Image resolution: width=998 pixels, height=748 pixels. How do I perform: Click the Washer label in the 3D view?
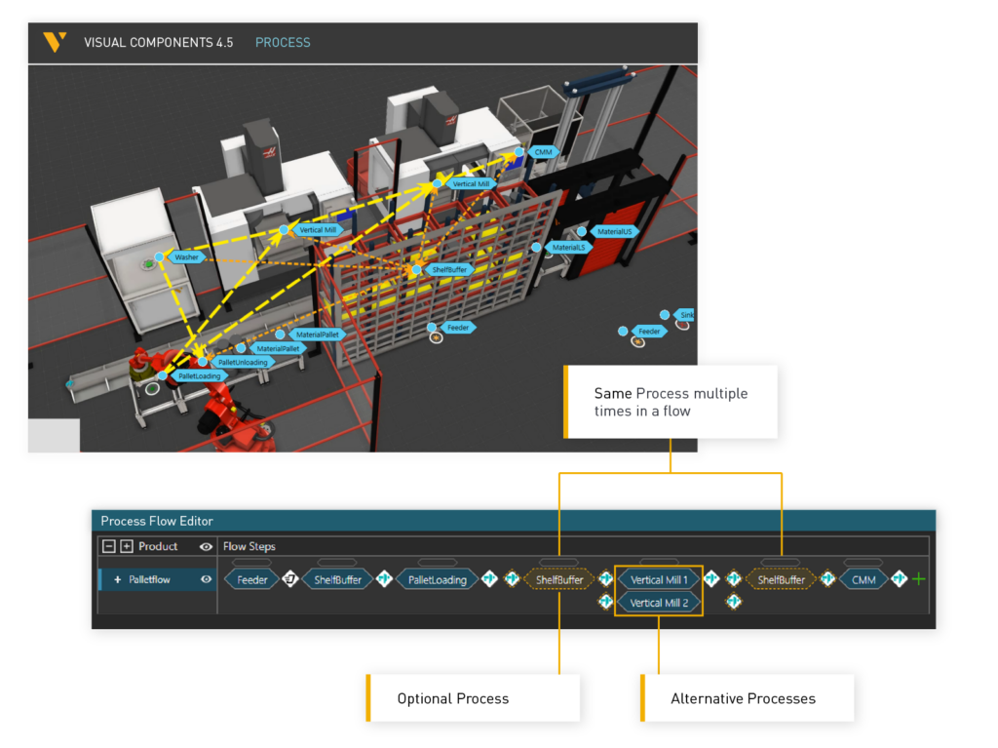tap(186, 257)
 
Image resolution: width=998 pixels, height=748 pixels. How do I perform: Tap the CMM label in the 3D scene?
tap(543, 152)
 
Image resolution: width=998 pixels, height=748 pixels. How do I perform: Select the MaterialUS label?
tap(616, 232)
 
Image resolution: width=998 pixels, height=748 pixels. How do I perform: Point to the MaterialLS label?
tap(568, 248)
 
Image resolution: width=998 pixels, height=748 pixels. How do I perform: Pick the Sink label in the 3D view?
tap(685, 315)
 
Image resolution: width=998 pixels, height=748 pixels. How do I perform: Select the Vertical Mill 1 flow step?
tap(659, 579)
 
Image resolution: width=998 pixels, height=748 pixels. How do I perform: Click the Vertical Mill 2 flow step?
tap(659, 603)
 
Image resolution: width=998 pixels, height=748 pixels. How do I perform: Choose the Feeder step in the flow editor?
tap(252, 579)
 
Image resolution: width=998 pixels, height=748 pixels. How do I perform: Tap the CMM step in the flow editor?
tap(864, 579)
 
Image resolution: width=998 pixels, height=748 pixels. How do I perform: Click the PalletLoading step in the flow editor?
tap(437, 579)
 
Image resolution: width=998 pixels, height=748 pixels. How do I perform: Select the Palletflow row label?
tap(149, 579)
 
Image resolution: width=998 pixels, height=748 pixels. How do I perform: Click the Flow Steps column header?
tap(249, 546)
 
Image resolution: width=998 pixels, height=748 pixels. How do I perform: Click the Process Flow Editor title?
tap(157, 521)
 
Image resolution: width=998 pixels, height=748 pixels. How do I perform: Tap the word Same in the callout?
tap(613, 394)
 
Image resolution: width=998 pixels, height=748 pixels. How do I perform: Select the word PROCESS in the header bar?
tap(283, 43)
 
